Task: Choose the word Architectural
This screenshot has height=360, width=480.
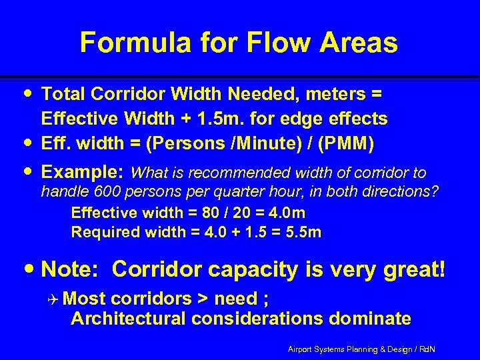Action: coord(128,319)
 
